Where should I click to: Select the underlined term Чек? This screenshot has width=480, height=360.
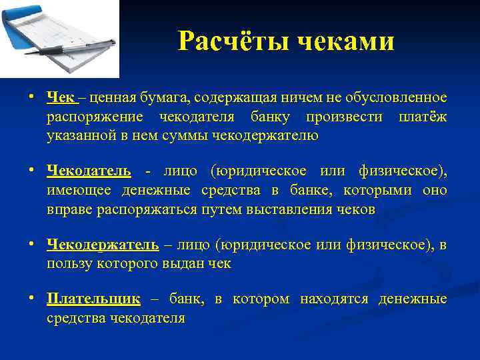(x=61, y=98)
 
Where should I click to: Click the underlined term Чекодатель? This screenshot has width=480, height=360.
(x=89, y=171)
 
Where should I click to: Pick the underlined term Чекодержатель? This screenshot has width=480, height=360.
(x=103, y=245)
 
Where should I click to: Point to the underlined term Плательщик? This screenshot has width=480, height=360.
(x=93, y=299)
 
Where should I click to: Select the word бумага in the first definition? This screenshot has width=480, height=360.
(x=162, y=98)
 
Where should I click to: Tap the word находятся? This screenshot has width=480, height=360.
(x=334, y=299)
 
